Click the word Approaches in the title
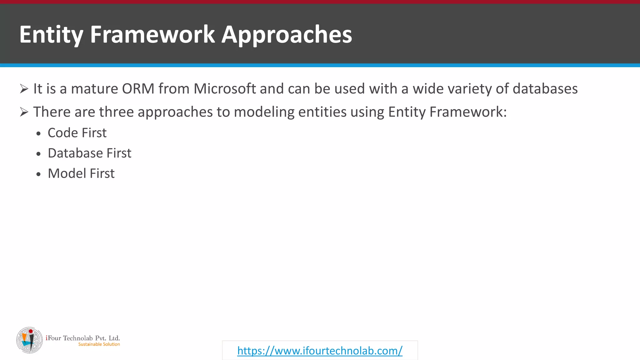[287, 34]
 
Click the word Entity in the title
[51, 34]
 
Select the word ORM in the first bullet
[138, 89]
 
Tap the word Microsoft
[225, 89]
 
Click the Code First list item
[77, 133]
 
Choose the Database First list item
[89, 153]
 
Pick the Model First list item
[81, 173]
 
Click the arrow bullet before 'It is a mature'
[24, 89]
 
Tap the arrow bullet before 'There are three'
[24, 112]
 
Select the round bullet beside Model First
[38, 174]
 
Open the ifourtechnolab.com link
[320, 351]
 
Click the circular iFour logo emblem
[29, 340]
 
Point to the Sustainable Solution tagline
[99, 344]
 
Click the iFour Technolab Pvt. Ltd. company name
[83, 338]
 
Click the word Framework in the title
[152, 34]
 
